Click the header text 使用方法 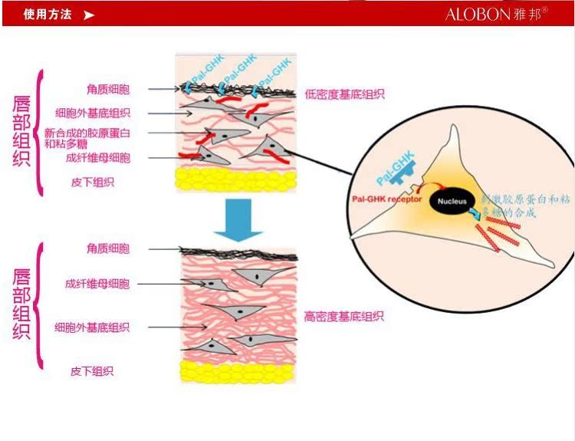(x=48, y=14)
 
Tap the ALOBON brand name (x=475, y=15)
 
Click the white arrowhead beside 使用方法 (x=90, y=15)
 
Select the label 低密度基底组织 (x=344, y=94)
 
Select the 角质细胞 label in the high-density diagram (x=108, y=248)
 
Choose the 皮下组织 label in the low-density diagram (x=92, y=182)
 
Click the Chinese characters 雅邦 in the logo (x=526, y=15)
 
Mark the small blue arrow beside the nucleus (x=475, y=215)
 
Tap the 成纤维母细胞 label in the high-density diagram (x=97, y=284)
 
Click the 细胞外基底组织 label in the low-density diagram (x=93, y=112)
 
